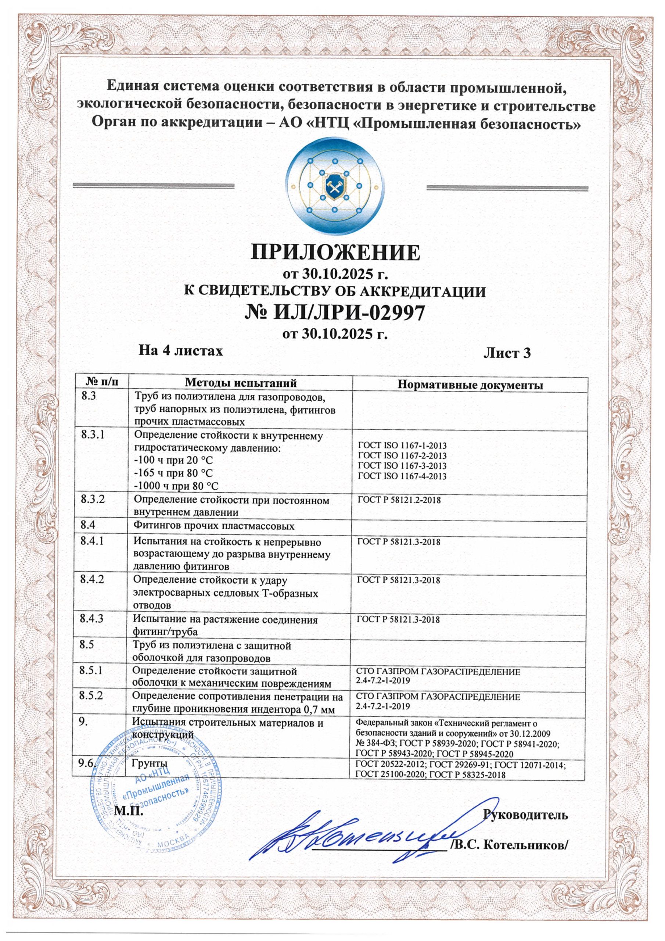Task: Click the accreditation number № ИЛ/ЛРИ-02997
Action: point(334,313)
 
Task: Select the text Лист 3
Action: point(507,353)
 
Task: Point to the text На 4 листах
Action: point(181,350)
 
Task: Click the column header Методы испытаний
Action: point(241,383)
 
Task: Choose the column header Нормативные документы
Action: point(471,385)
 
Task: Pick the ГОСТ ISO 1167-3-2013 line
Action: point(402,466)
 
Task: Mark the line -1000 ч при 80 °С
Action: point(177,486)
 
